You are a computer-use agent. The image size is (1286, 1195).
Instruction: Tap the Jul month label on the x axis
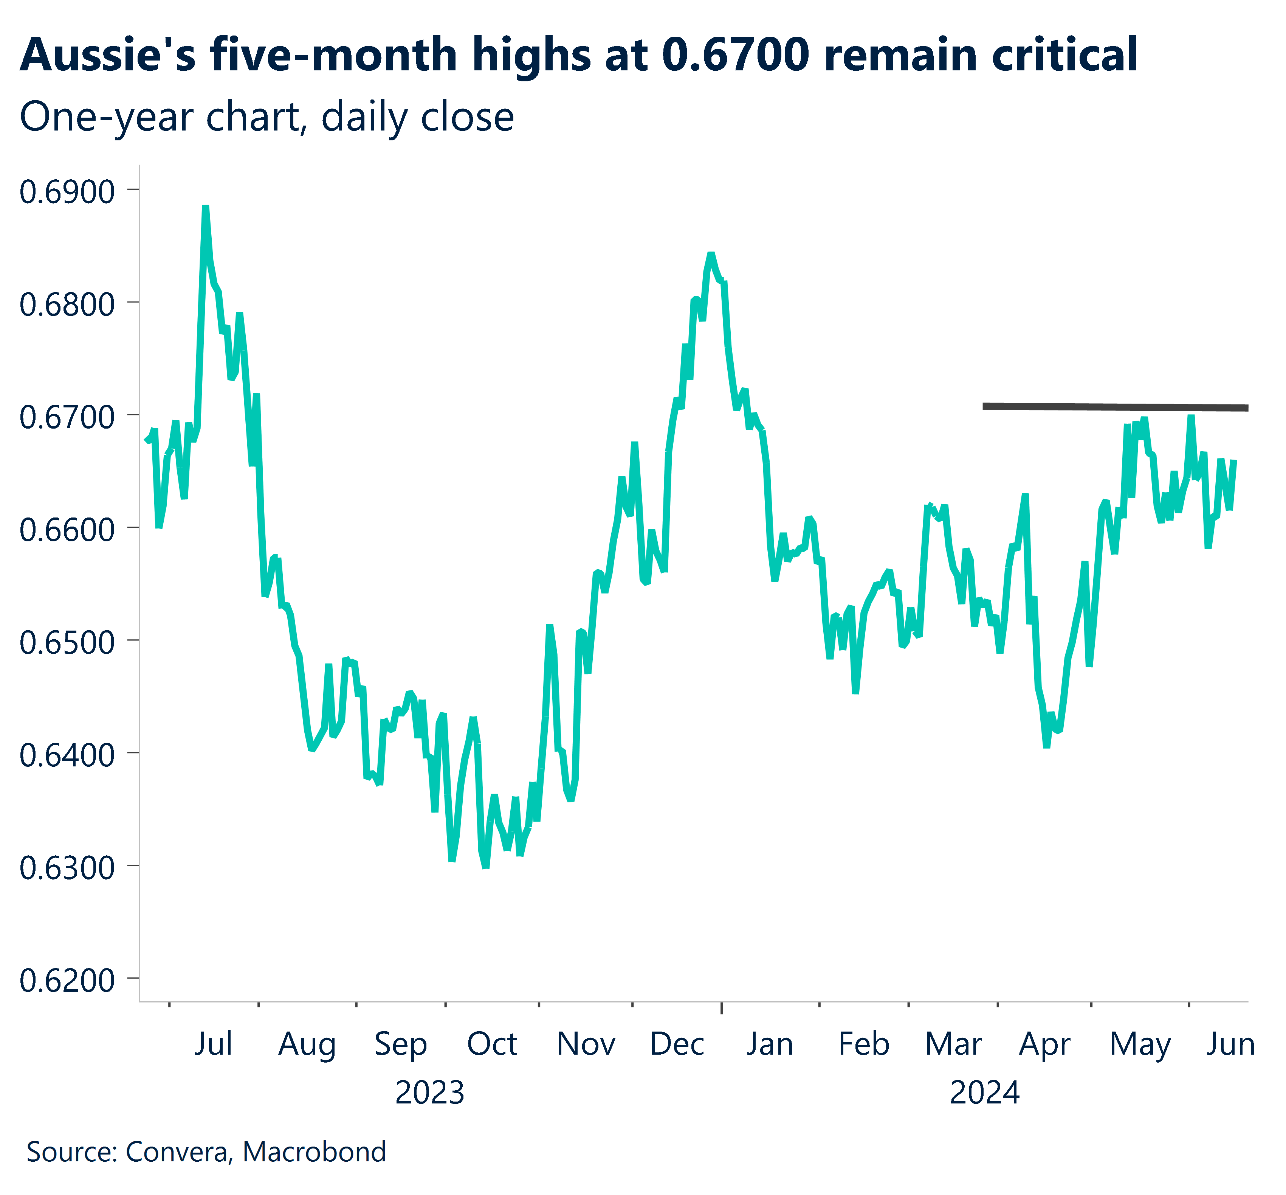click(213, 1044)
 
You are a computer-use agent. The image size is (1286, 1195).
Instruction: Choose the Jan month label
click(770, 1044)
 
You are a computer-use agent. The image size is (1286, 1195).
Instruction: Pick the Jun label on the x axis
click(1230, 1044)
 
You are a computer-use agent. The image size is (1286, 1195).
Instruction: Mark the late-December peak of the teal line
click(711, 254)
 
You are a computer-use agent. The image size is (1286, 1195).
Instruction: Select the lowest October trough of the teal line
click(485, 867)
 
